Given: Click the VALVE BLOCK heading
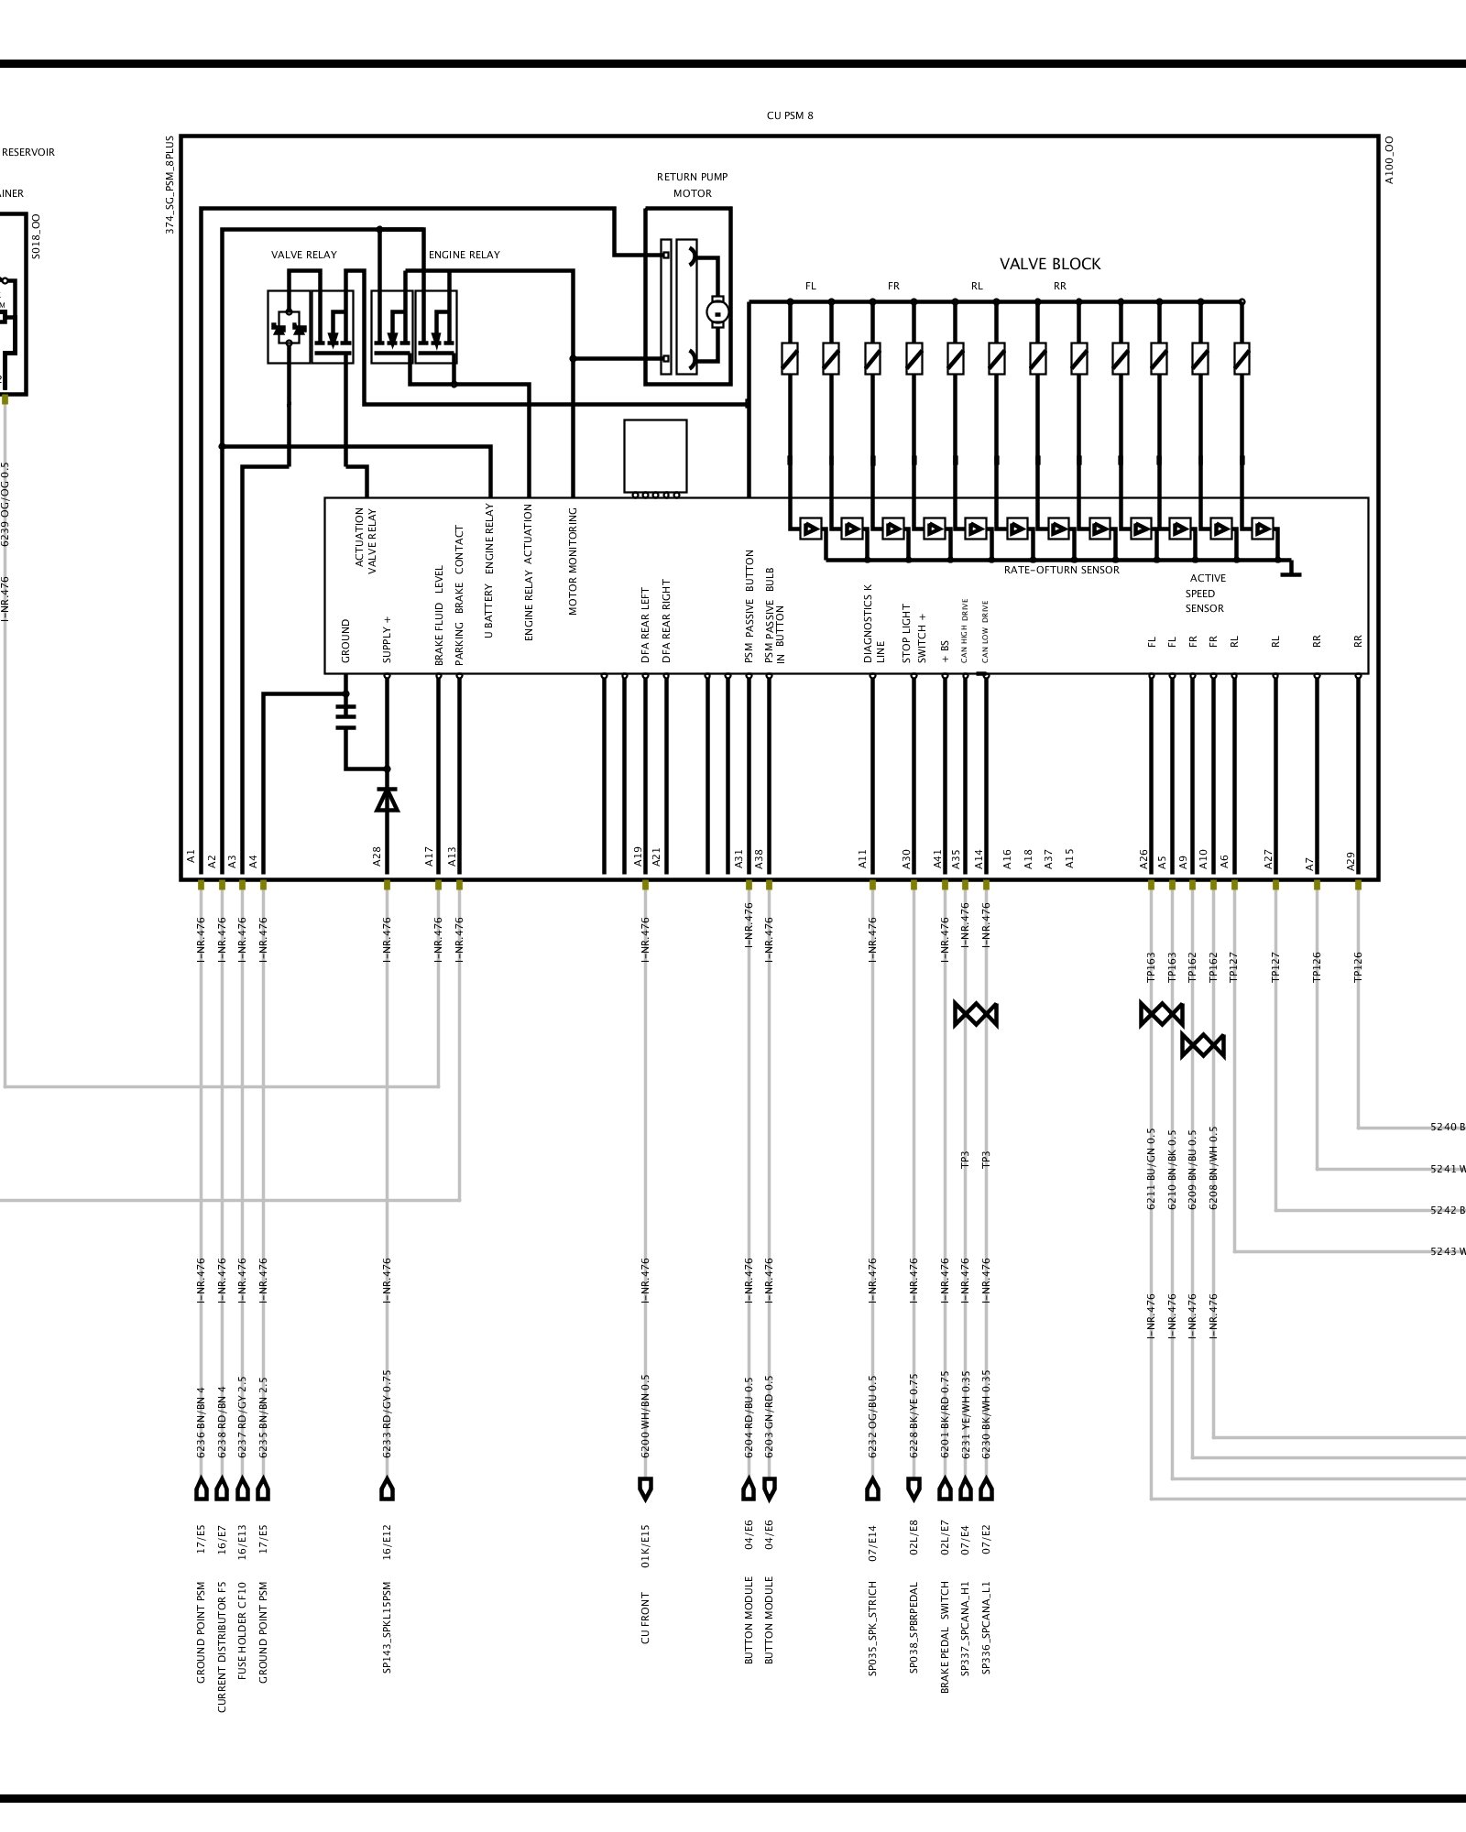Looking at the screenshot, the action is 1050,264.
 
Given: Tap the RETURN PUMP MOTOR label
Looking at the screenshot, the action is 692,185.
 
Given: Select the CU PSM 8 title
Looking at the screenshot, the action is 790,115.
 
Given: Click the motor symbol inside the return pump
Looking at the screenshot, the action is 718,313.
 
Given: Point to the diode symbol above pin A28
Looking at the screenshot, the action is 387,800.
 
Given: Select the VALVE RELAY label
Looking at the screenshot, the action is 303,255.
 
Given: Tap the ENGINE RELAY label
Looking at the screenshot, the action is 464,255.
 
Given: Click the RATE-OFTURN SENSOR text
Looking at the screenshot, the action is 1061,570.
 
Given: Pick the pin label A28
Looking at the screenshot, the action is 377,856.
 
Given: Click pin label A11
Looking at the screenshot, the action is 862,858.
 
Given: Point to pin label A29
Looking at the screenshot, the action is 1351,860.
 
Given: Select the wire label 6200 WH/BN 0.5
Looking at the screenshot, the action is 645,1415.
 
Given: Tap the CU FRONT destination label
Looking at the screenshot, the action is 645,1618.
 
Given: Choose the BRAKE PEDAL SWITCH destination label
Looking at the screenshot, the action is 945,1636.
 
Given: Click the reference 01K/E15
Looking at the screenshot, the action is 645,1546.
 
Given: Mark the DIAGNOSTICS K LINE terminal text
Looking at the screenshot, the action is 873,623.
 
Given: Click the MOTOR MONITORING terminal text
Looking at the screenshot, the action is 573,561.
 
